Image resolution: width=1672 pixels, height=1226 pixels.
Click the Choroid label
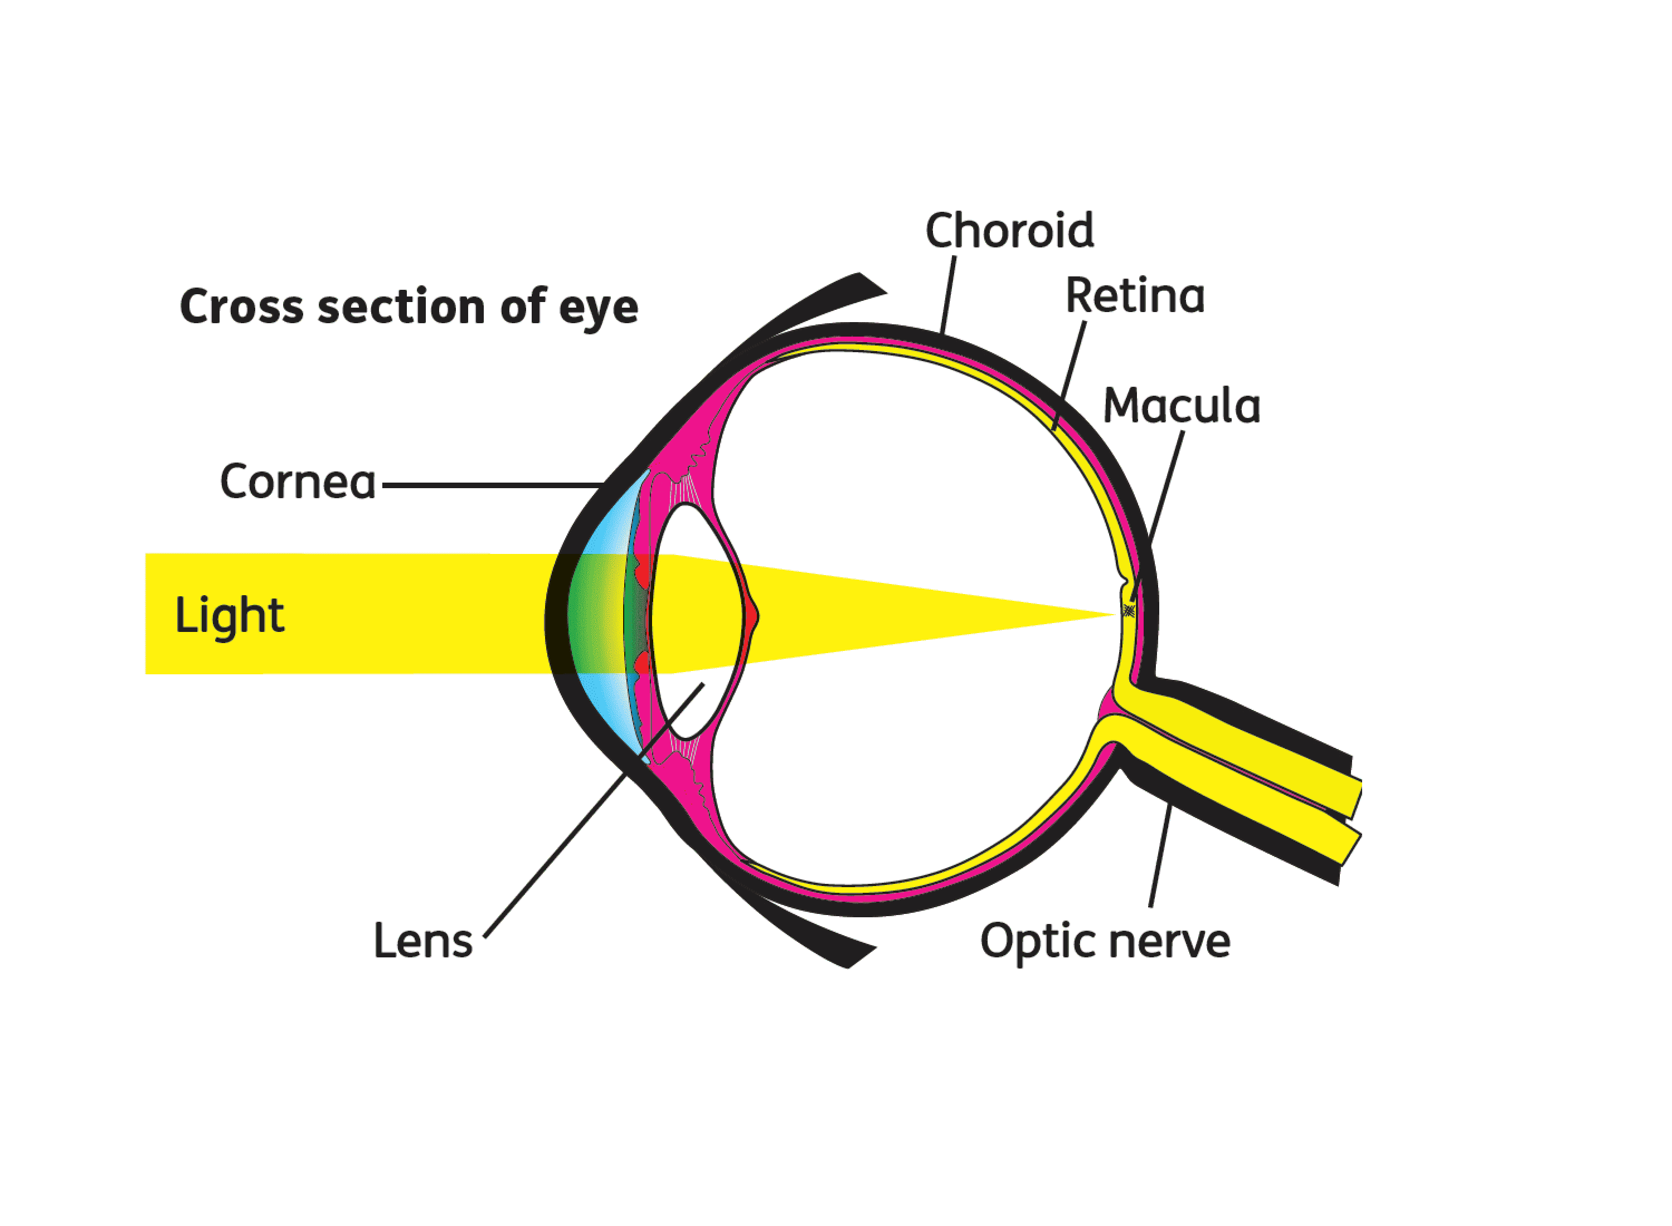tap(1009, 230)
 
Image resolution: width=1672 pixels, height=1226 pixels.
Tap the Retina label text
tap(1135, 295)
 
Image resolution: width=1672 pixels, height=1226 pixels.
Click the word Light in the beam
tap(229, 616)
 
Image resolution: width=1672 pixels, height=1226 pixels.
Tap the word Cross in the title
tap(242, 306)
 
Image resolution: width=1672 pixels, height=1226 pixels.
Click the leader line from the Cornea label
tap(493, 485)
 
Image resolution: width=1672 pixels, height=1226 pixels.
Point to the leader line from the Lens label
tap(594, 810)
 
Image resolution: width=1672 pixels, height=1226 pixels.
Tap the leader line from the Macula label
tap(1157, 516)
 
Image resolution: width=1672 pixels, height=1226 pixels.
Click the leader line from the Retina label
tap(1070, 376)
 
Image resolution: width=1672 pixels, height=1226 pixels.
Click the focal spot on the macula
tap(1129, 611)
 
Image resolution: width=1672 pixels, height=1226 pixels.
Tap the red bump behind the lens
tap(754, 616)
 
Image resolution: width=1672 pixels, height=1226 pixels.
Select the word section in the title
tap(401, 306)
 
